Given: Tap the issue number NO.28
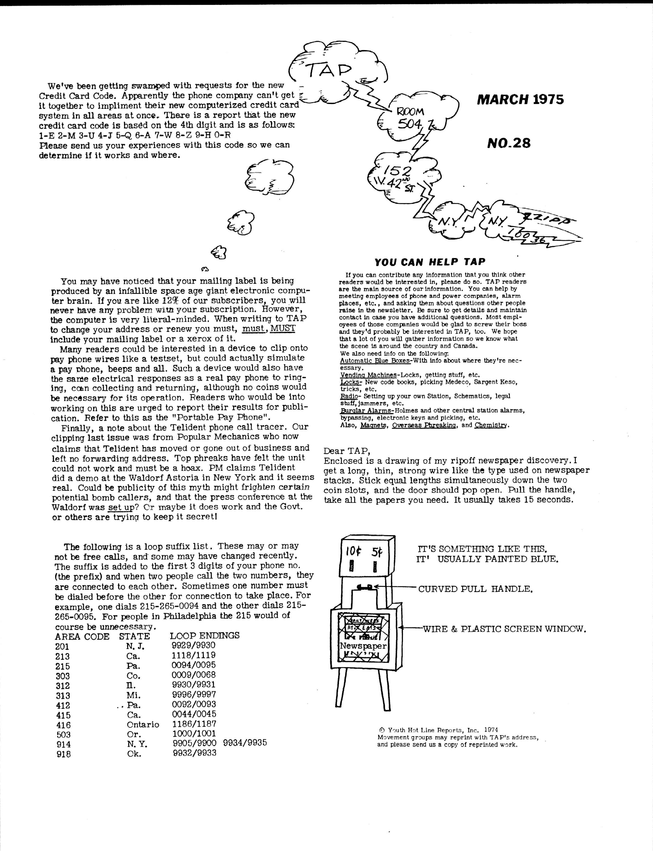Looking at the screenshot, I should (x=509, y=143).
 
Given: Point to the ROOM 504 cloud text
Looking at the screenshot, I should (x=410, y=118).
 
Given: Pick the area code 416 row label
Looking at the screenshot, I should (x=63, y=725).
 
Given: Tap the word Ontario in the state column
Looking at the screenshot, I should (x=143, y=724).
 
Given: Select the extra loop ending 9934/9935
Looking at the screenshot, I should (x=245, y=743).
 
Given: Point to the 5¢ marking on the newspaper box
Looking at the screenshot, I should (x=376, y=552).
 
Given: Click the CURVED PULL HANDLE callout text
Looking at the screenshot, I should (x=475, y=589).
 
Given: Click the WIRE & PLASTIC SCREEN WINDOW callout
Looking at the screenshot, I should (x=504, y=629).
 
